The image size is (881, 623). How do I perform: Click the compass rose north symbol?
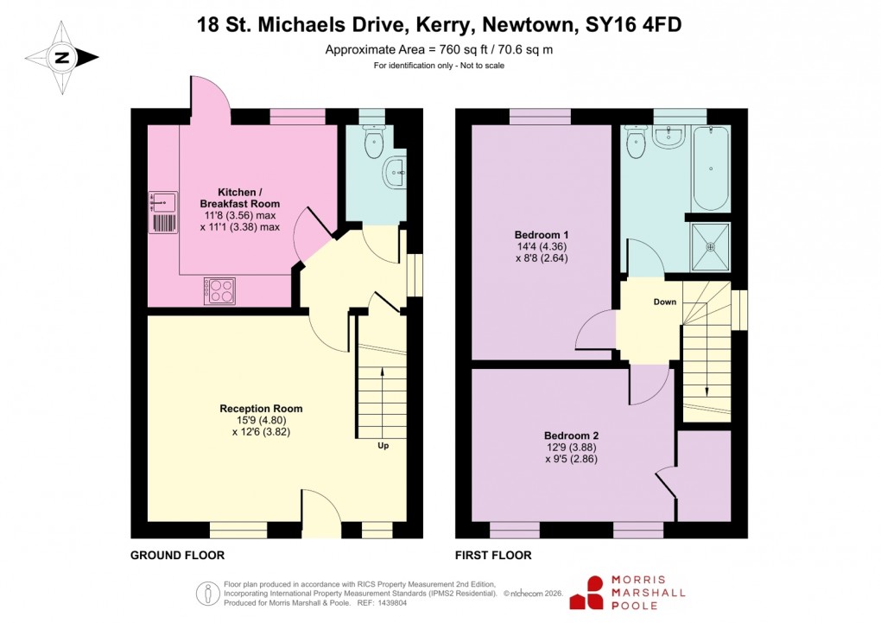(61, 58)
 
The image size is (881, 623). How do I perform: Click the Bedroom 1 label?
(541, 235)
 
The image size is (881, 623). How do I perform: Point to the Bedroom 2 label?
(571, 435)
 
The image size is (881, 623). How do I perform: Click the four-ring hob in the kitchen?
(219, 290)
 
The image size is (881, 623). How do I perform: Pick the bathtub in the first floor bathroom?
(710, 168)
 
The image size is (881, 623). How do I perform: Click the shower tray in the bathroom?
(710, 245)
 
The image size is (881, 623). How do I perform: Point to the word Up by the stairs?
(383, 447)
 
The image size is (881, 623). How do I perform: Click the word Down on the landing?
(665, 302)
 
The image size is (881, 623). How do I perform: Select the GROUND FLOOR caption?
(178, 556)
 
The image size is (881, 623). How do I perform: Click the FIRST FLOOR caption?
(492, 556)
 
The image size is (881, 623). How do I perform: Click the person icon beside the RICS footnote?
(207, 593)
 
